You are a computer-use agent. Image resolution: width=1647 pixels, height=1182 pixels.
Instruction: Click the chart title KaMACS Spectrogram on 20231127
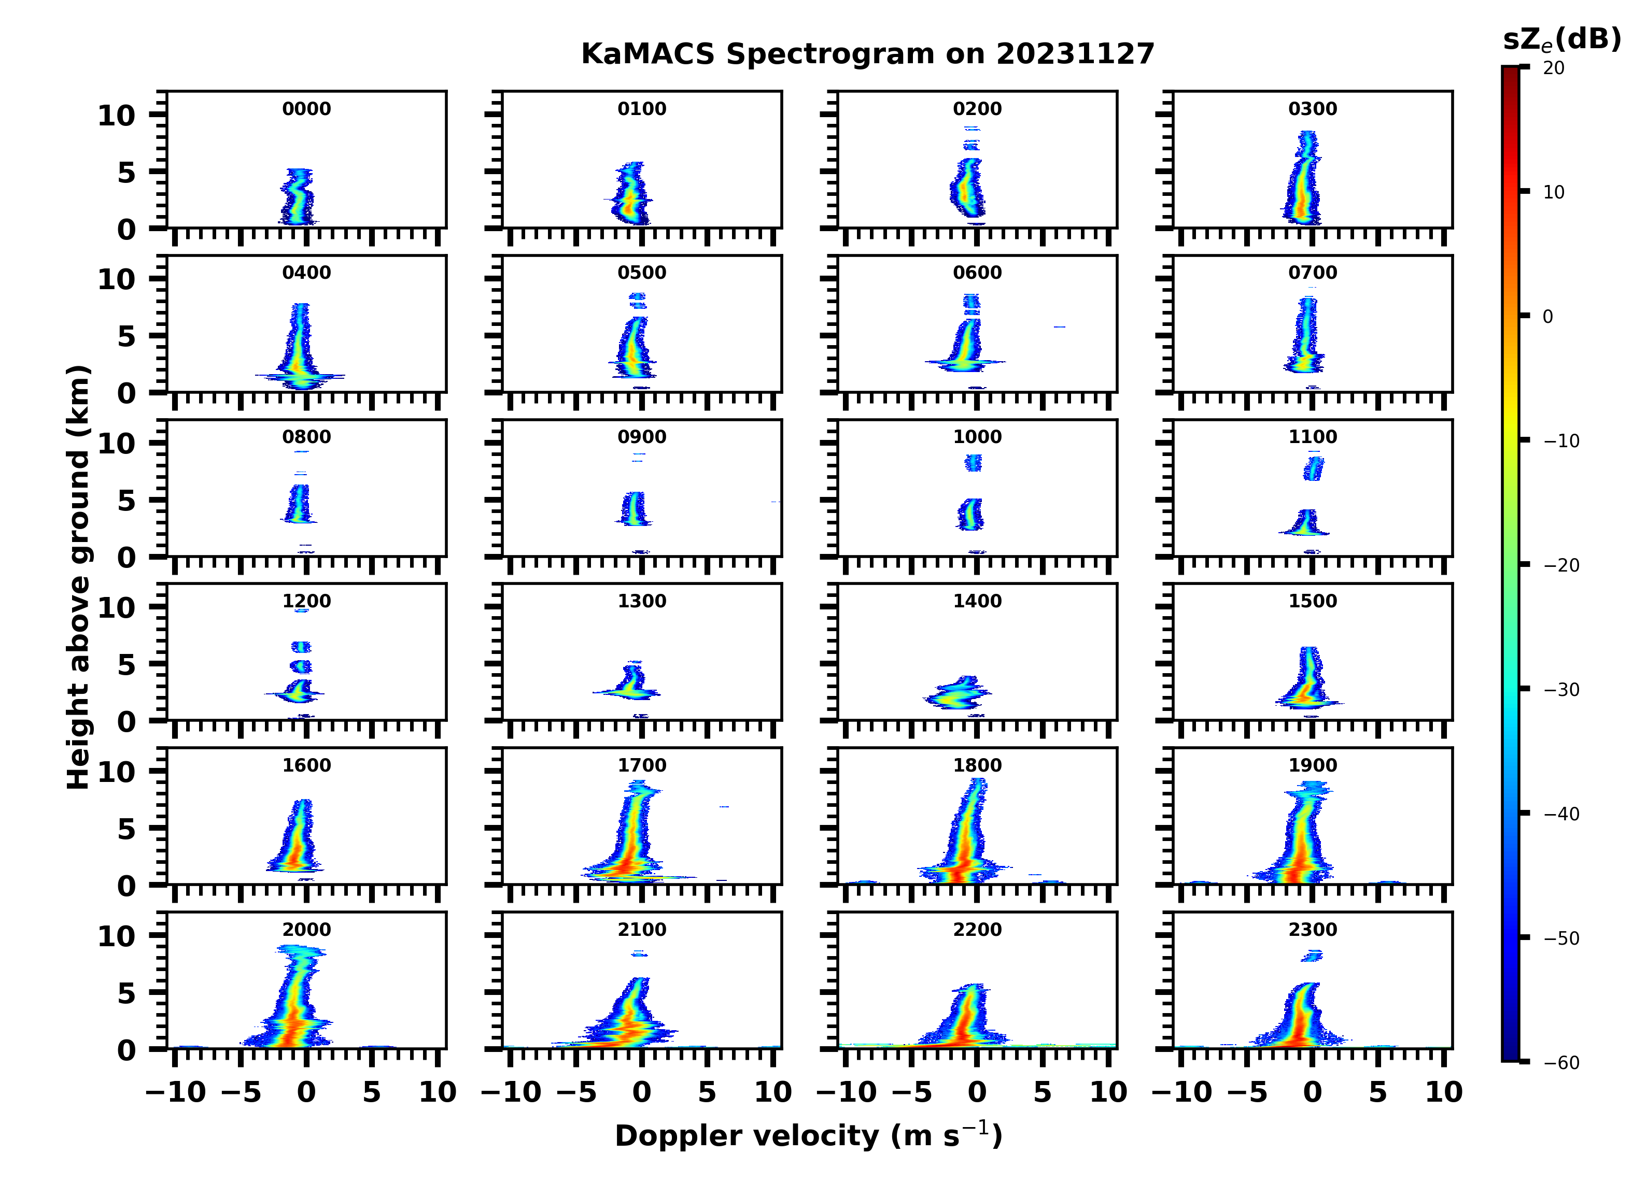click(867, 54)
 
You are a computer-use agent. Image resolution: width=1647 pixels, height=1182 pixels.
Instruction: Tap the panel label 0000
click(306, 109)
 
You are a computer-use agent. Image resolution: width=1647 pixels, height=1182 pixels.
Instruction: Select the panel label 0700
click(1312, 273)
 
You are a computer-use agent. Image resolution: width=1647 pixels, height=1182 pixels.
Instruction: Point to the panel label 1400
click(977, 601)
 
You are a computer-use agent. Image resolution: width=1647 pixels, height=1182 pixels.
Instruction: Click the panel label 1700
click(641, 765)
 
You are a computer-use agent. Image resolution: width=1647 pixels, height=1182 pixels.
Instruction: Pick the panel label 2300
click(1312, 929)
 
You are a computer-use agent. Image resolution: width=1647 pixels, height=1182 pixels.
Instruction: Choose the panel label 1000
click(977, 437)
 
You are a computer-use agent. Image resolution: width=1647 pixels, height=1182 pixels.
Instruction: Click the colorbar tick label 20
click(1553, 68)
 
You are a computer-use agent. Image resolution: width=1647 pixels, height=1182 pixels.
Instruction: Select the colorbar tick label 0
click(1547, 317)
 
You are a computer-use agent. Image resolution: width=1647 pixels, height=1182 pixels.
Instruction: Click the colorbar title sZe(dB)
click(1561, 40)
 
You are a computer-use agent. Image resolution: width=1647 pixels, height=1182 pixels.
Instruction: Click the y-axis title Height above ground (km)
click(78, 577)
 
